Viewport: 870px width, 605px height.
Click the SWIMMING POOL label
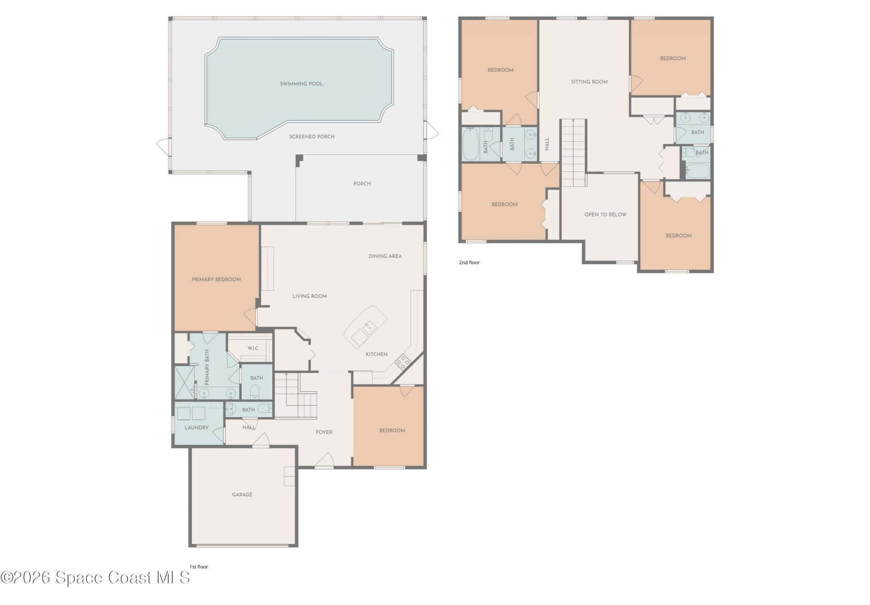coord(301,84)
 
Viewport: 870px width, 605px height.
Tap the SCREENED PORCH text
coord(312,137)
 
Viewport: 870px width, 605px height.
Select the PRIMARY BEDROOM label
coord(216,279)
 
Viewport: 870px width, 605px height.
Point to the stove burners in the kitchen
coord(402,361)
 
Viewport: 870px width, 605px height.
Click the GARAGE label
coord(242,494)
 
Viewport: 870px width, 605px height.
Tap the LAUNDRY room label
coord(196,428)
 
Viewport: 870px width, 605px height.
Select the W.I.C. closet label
coord(253,348)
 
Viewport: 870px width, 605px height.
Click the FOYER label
coord(324,432)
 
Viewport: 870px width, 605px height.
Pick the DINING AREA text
coord(385,256)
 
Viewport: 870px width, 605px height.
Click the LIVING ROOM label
coord(309,296)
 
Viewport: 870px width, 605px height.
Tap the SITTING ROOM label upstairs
coord(589,82)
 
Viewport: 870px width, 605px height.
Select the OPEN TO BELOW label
coord(605,215)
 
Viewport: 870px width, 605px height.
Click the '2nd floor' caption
coord(469,263)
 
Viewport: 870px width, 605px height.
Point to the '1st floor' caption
coord(198,566)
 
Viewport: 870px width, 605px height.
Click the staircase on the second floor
coord(573,153)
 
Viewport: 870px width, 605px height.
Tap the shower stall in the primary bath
coord(184,382)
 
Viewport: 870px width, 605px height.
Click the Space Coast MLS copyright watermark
coord(95,577)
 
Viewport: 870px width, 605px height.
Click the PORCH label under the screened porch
coord(362,184)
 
